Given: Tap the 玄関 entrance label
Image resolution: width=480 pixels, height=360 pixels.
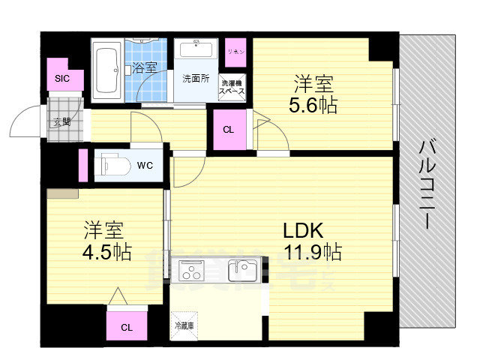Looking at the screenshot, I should [x=61, y=121].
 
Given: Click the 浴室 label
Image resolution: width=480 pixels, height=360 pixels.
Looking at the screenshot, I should [x=144, y=67].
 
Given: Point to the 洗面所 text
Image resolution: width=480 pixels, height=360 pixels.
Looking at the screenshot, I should [x=196, y=78].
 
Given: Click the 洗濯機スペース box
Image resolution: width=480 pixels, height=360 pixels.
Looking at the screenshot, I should [x=232, y=87].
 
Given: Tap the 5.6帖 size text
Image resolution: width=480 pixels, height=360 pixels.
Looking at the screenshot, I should [x=313, y=105].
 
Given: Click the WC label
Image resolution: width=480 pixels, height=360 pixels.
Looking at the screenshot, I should [x=145, y=165].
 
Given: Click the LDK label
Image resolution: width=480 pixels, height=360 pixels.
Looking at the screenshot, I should [x=303, y=229].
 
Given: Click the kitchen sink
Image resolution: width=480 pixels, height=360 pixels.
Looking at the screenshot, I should [x=242, y=268].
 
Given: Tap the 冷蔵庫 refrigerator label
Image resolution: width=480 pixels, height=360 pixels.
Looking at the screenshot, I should [x=184, y=325].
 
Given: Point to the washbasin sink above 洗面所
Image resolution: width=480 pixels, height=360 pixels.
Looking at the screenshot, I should [x=197, y=51].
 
